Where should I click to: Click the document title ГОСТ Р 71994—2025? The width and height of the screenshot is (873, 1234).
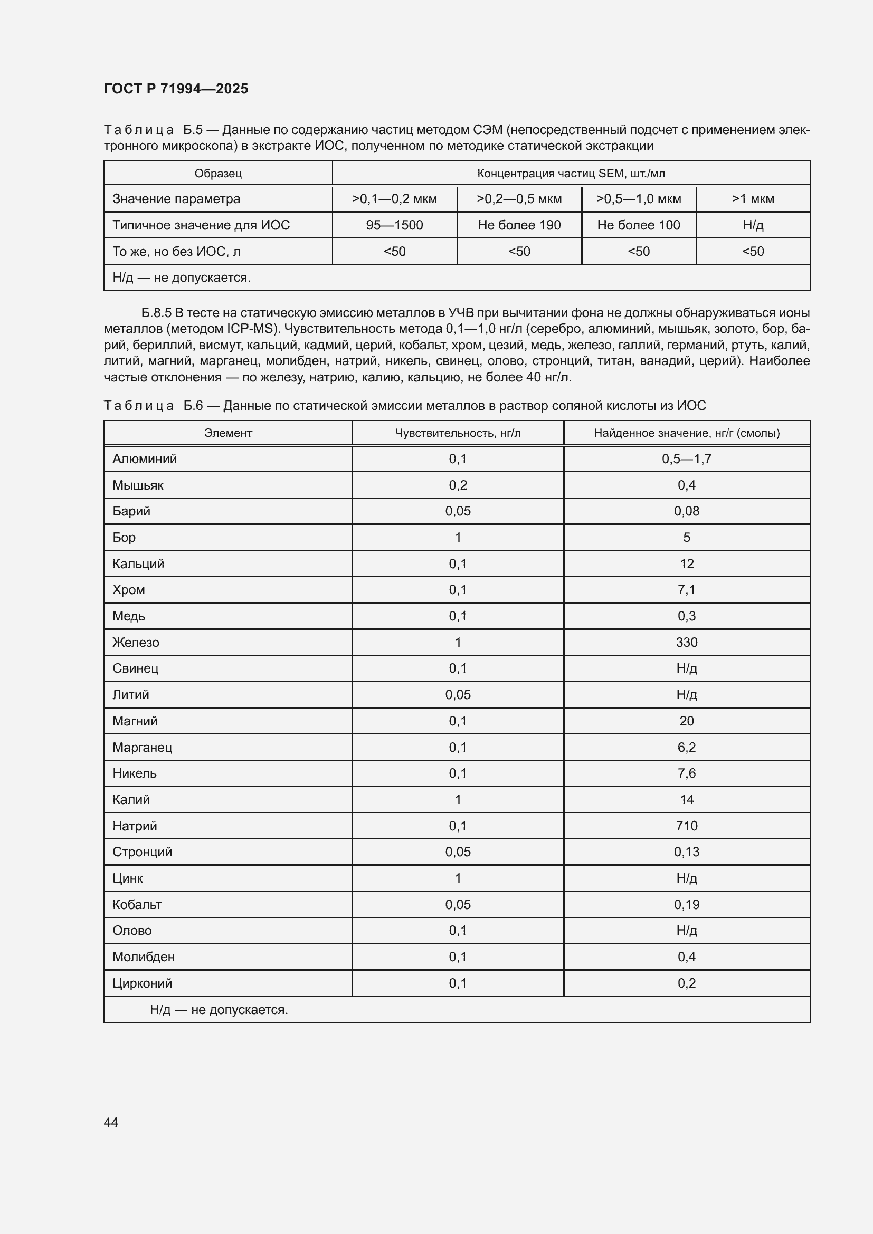tap(176, 89)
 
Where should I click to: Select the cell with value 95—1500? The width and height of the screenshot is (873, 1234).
tap(394, 225)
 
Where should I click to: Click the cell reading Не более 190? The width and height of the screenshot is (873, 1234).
tap(519, 225)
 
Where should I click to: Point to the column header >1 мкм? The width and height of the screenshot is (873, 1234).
tap(753, 199)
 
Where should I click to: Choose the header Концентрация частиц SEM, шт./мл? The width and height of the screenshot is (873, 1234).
tap(571, 173)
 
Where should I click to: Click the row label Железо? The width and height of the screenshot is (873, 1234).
tap(136, 642)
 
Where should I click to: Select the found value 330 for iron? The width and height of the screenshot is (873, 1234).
tap(687, 642)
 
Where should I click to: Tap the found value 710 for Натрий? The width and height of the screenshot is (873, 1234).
tap(687, 826)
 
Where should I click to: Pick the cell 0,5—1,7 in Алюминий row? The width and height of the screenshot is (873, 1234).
tap(687, 459)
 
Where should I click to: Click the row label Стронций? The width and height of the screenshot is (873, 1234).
tap(142, 852)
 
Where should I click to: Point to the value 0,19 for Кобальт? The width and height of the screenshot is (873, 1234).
tap(687, 905)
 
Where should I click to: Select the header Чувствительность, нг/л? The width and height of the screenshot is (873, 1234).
tap(458, 433)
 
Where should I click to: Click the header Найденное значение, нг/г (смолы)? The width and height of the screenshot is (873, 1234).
tap(687, 433)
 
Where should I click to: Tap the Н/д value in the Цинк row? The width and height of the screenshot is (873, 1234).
tap(687, 878)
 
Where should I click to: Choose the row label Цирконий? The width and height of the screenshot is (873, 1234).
tap(142, 983)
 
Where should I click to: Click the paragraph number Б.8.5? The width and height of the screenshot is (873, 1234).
tap(156, 313)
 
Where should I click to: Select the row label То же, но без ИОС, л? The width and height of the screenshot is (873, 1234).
tap(176, 252)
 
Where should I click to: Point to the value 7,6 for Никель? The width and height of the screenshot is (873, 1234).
tap(687, 773)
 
